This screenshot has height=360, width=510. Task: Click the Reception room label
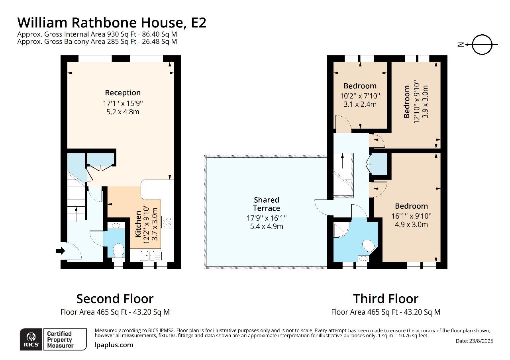coord(123,93)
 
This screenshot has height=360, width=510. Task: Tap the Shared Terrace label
coord(267,204)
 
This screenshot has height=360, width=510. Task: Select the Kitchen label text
coord(138,224)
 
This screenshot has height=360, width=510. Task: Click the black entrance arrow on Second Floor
coord(60,251)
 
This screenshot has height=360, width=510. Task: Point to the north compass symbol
coord(482,45)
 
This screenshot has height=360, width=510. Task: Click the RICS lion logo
coord(31,339)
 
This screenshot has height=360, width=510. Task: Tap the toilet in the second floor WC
coord(118,250)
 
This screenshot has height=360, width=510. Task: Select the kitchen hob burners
coord(167,221)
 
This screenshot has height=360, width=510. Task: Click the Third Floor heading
coord(385,299)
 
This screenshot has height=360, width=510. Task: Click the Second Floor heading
coord(115,299)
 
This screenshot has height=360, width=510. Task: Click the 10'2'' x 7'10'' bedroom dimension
coord(360,96)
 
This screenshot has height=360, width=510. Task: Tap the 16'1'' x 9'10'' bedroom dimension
coord(411,216)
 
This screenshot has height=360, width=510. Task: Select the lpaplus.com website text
coord(114,345)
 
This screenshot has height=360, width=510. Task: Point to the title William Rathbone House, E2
coord(112,22)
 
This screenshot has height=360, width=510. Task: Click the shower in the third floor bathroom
coord(341,229)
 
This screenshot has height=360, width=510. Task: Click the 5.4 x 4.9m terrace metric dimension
coord(267,227)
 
